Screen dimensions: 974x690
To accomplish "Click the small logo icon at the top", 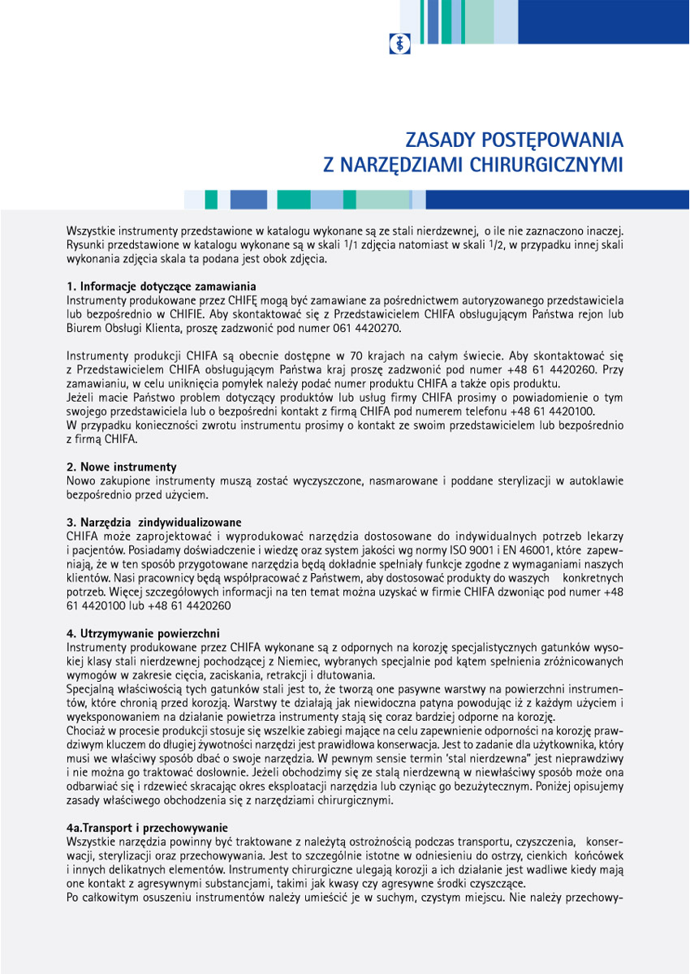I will click(x=399, y=43).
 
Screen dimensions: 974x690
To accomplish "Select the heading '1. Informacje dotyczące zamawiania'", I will click(x=162, y=287).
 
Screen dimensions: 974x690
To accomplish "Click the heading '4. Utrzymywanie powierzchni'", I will click(x=143, y=632).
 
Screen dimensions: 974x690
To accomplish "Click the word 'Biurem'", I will click(x=84, y=328).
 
